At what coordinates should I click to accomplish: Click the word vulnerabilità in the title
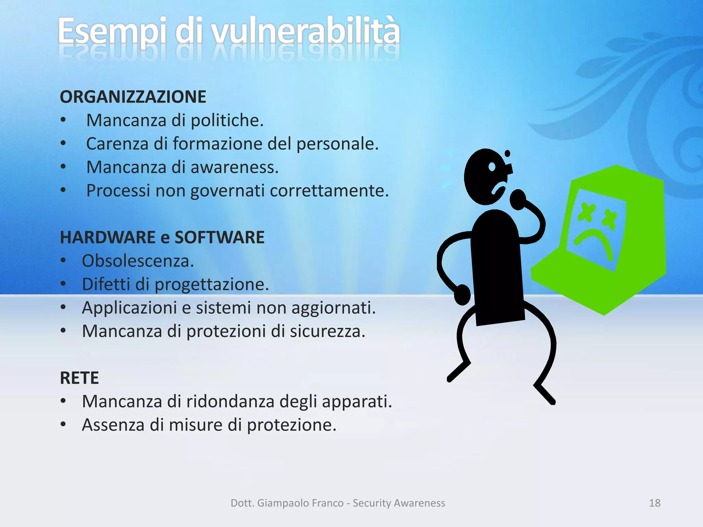[x=305, y=32]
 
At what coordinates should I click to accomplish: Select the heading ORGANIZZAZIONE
[x=133, y=97]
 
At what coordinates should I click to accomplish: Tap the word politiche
[x=227, y=120]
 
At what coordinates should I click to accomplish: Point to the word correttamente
[x=329, y=191]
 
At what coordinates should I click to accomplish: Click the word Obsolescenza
[x=138, y=261]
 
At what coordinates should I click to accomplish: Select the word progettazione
[x=211, y=285]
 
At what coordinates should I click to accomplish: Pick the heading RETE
[x=79, y=378]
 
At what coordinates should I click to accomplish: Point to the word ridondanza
[x=230, y=401]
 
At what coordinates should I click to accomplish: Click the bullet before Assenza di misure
[x=63, y=424]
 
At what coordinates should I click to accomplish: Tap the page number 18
[x=655, y=503]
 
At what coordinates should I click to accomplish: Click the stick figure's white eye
[x=492, y=167]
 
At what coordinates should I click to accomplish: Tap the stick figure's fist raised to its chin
[x=518, y=199]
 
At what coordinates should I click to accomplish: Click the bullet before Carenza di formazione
[x=63, y=143]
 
